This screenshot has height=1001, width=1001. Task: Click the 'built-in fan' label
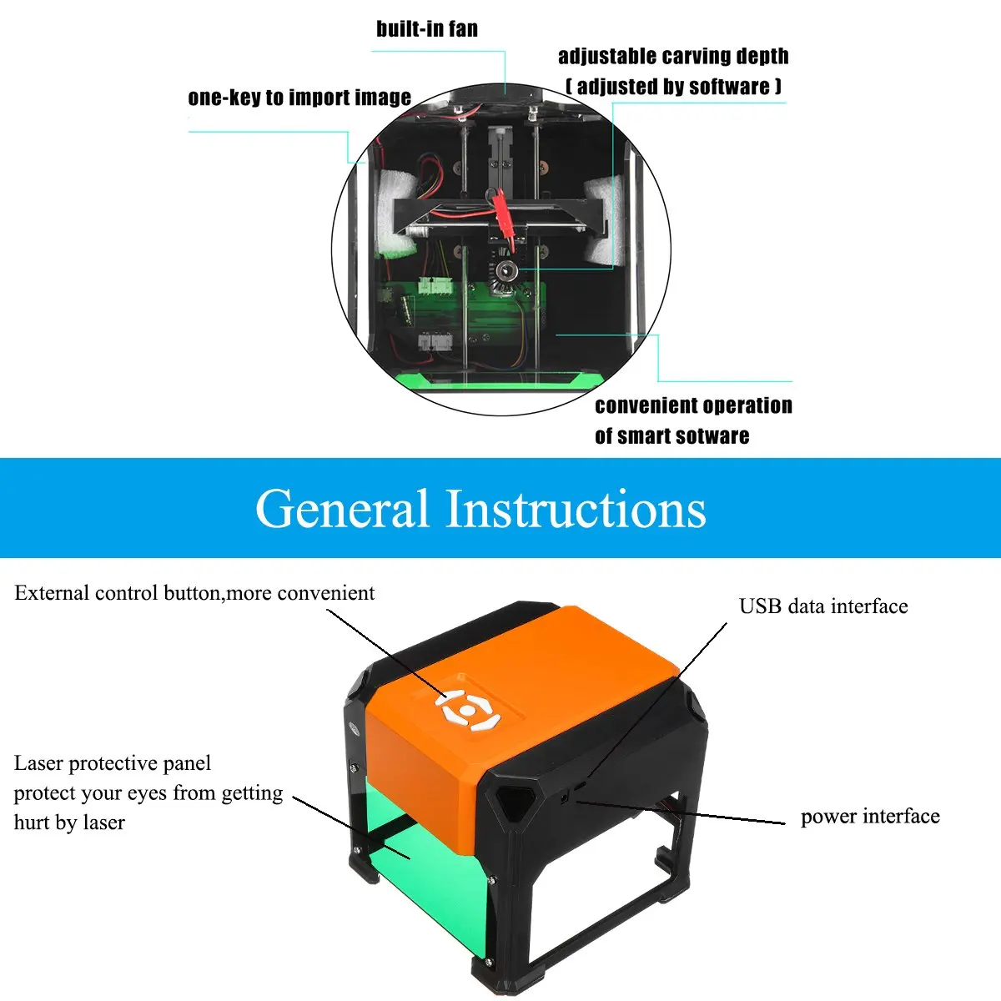pos(427,29)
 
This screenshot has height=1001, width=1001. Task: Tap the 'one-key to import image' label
pos(299,98)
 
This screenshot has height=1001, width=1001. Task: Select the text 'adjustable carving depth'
pos(673,57)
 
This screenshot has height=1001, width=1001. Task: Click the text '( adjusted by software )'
pos(673,87)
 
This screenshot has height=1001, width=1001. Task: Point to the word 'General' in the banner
pos(341,509)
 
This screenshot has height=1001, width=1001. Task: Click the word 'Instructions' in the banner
pos(576,509)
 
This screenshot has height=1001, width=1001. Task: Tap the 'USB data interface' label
pos(823,606)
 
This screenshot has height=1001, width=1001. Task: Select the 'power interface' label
pos(870,817)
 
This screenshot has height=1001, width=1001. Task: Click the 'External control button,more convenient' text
pos(194,593)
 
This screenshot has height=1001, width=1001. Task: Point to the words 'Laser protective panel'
pos(113,763)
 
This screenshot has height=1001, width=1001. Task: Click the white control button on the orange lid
pos(467,710)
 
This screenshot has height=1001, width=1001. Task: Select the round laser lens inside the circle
pos(505,271)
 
